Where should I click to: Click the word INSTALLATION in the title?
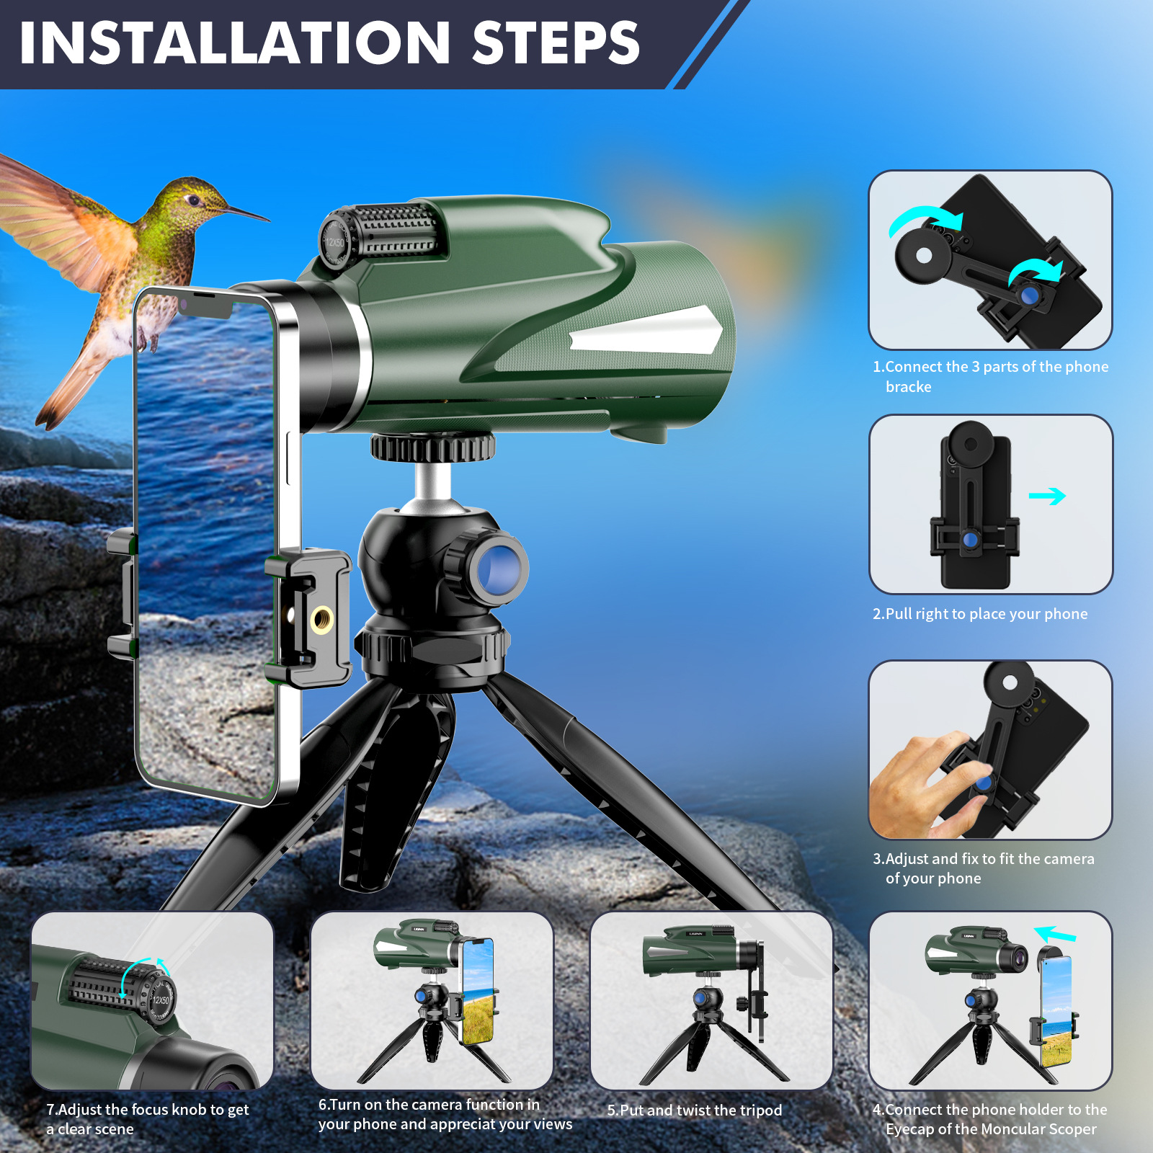click(x=235, y=43)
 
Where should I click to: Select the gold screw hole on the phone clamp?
click(x=321, y=619)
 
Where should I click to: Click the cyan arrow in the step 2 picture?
click(x=1047, y=496)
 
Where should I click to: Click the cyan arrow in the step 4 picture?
click(x=1055, y=935)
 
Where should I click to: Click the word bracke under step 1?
click(x=908, y=387)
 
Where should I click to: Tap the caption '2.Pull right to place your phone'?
click(x=980, y=614)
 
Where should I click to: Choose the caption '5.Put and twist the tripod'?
click(x=694, y=1110)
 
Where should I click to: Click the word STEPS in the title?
click(x=556, y=43)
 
